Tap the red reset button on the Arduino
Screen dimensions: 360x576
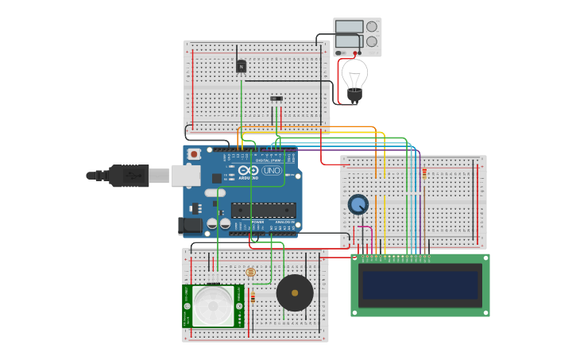click(x=194, y=154)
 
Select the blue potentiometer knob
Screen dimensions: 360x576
click(x=358, y=204)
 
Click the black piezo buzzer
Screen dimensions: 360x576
click(x=295, y=293)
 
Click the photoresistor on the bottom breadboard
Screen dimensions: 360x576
click(x=251, y=272)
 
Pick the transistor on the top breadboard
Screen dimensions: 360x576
click(x=242, y=67)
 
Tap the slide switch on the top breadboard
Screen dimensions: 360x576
click(x=276, y=99)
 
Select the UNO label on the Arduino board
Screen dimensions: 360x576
click(x=272, y=171)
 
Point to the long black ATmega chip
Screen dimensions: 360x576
click(x=263, y=211)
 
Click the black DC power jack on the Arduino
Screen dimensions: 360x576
click(x=191, y=226)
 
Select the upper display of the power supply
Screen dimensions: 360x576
click(x=349, y=26)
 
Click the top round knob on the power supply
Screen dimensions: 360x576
click(x=372, y=26)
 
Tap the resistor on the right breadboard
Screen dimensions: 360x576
click(x=423, y=173)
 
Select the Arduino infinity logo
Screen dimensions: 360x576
click(x=248, y=171)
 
